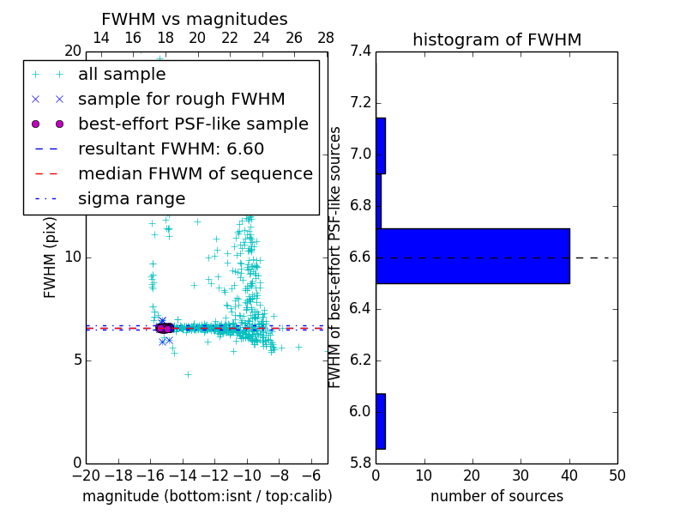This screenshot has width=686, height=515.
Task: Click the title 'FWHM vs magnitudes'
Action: [194, 19]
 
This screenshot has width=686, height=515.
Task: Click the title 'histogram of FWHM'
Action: [496, 39]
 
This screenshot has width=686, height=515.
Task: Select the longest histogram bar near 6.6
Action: [472, 256]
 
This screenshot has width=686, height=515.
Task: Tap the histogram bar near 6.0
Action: [381, 421]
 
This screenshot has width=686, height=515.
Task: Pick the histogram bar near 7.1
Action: [381, 145]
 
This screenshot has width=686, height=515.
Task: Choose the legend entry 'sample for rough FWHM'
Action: [181, 100]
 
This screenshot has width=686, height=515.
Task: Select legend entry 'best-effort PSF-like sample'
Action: [193, 124]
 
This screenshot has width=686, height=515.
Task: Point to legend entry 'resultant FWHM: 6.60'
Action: [171, 149]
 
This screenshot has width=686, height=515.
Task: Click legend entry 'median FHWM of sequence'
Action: [195, 174]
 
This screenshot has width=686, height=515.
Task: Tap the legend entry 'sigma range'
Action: [131, 199]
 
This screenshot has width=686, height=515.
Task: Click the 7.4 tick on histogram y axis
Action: [361, 51]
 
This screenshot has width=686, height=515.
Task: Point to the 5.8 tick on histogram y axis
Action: [361, 463]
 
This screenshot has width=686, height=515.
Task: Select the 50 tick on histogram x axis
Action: [617, 476]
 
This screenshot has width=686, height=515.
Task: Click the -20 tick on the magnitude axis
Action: [86, 476]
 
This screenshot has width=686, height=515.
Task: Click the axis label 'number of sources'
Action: [496, 496]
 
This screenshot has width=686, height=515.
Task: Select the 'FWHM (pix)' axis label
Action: [51, 257]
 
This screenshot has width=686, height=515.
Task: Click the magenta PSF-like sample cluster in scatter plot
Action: [163, 328]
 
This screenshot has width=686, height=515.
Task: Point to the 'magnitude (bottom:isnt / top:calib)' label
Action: [207, 496]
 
